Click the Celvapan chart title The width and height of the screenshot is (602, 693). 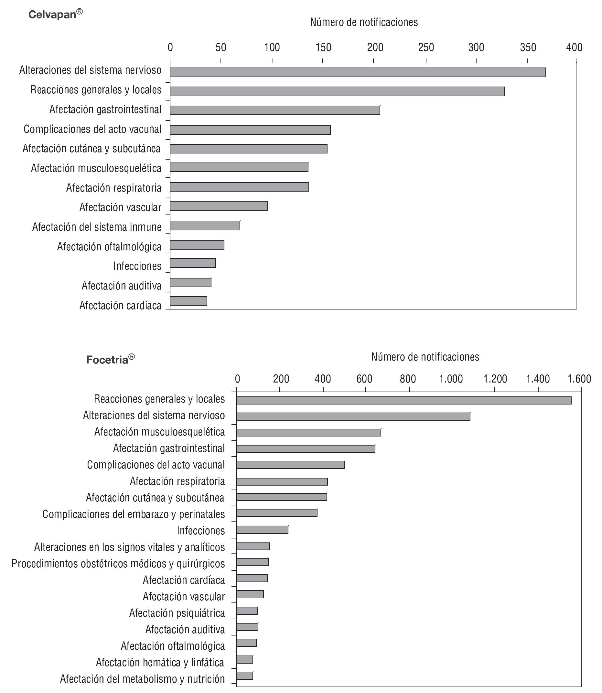[55, 14]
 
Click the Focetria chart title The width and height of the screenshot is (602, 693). [110, 360]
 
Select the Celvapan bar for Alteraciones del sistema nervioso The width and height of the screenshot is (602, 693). [358, 72]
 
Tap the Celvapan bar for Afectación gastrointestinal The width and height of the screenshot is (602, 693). [275, 110]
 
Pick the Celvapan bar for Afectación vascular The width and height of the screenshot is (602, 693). [219, 206]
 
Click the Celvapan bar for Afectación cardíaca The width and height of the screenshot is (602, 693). [188, 301]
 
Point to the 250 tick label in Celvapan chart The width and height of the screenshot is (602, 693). [426, 48]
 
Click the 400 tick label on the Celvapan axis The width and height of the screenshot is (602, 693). [574, 48]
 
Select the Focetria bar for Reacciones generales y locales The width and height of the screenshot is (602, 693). [403, 400]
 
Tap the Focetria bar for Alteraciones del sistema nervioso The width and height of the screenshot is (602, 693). [353, 417]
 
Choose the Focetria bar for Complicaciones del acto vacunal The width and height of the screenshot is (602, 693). [290, 465]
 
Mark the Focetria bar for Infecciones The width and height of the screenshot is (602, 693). [262, 530]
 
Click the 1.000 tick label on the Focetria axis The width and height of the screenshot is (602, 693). [451, 379]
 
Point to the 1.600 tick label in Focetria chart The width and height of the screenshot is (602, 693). [579, 379]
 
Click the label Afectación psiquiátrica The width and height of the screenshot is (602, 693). [177, 613]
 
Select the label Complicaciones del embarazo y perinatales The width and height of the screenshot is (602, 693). [134, 514]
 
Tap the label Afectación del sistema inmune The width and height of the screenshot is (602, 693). [97, 227]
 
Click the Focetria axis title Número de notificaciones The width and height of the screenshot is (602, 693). [425, 357]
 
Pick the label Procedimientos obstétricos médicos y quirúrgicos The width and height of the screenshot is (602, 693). [118, 563]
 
